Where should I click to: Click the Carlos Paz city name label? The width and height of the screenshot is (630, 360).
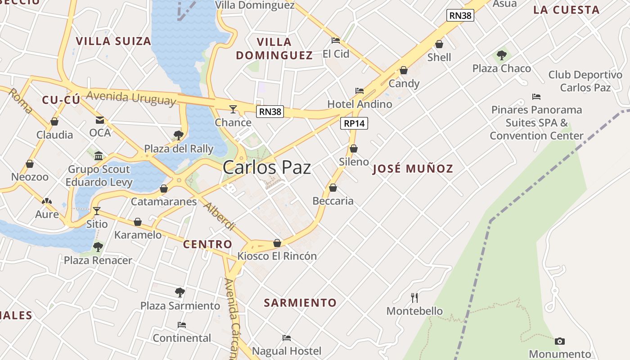(267, 167)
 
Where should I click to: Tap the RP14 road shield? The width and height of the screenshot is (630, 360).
(354, 123)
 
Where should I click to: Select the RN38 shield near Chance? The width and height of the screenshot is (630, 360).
(270, 112)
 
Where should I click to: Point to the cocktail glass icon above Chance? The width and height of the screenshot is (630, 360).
(233, 109)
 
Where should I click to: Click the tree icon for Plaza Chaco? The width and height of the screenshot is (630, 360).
(502, 55)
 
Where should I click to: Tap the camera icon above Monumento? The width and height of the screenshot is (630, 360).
(559, 341)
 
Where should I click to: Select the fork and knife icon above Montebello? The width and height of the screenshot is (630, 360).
(414, 297)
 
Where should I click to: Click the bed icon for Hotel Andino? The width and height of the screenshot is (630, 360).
(359, 91)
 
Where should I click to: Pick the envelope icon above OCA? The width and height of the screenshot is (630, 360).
(99, 120)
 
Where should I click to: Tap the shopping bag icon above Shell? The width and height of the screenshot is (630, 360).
(439, 44)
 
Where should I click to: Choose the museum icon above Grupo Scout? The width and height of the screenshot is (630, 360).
(99, 156)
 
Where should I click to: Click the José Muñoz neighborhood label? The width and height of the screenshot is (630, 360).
(413, 169)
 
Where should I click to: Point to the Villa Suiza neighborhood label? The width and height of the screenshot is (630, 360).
(113, 41)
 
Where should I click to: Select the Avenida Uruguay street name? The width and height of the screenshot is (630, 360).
(130, 98)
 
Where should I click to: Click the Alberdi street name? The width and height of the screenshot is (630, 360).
(219, 216)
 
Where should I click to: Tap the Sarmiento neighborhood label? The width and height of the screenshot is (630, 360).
(300, 303)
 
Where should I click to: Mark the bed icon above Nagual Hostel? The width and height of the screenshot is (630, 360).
(287, 337)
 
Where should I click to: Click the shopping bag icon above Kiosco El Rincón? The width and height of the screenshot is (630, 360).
(277, 243)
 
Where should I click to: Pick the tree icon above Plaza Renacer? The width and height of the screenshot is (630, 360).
(98, 247)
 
